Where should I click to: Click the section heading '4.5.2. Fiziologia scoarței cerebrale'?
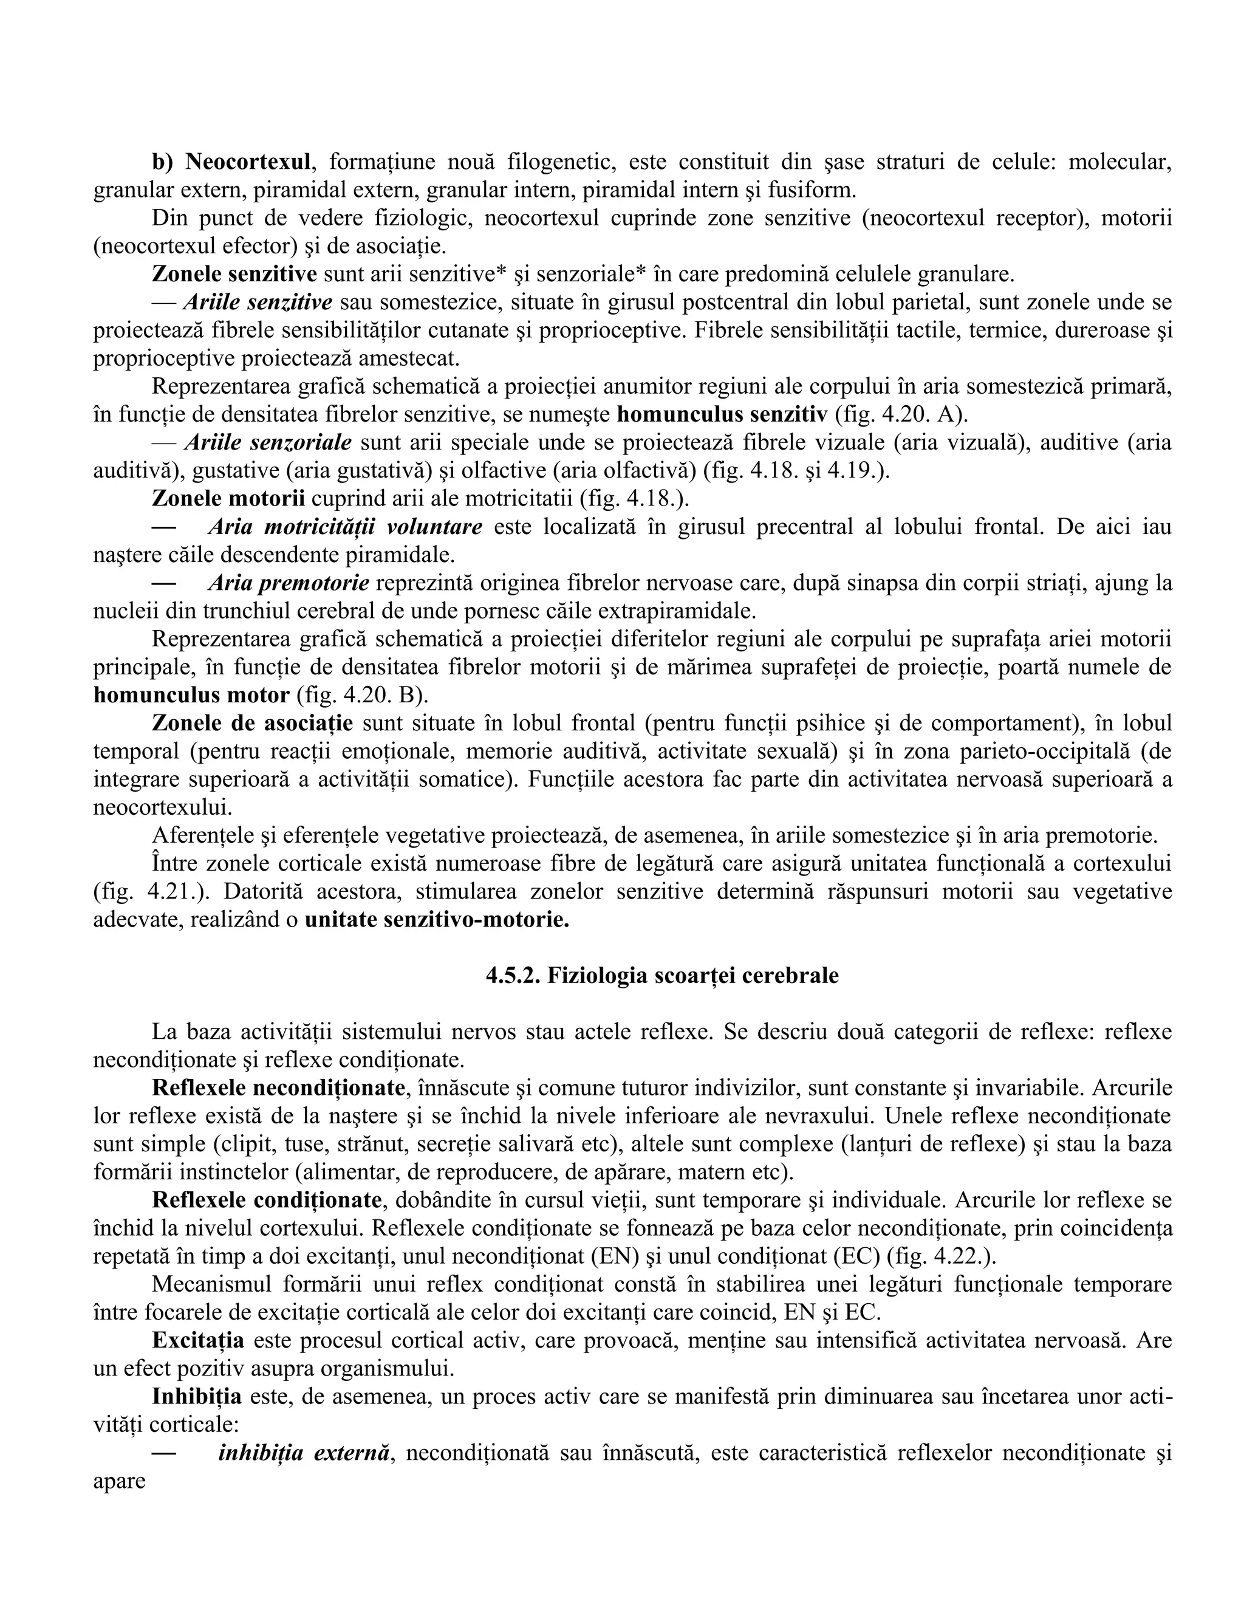point(662,975)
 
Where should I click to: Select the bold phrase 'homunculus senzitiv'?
point(722,414)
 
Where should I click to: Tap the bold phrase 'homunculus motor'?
point(191,694)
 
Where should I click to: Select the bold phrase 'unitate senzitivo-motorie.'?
point(437,922)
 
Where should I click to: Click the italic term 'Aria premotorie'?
point(288,583)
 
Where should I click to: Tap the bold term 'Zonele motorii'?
point(228,498)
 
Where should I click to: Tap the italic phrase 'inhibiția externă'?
point(304,1453)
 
